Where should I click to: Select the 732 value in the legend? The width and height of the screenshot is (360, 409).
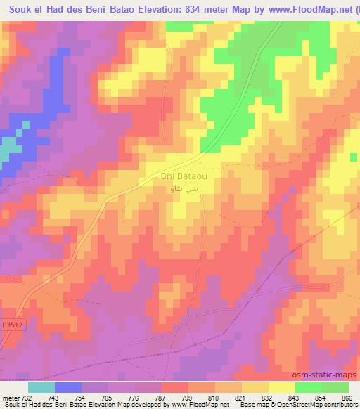[25, 398]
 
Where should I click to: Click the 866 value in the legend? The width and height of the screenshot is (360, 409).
[347, 398]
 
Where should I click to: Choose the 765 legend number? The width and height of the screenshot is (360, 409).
[106, 398]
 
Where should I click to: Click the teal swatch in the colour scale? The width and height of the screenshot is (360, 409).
[41, 387]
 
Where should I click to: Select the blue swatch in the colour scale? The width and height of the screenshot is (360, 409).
[68, 387]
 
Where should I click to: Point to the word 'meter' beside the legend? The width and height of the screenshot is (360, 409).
[9, 398]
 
